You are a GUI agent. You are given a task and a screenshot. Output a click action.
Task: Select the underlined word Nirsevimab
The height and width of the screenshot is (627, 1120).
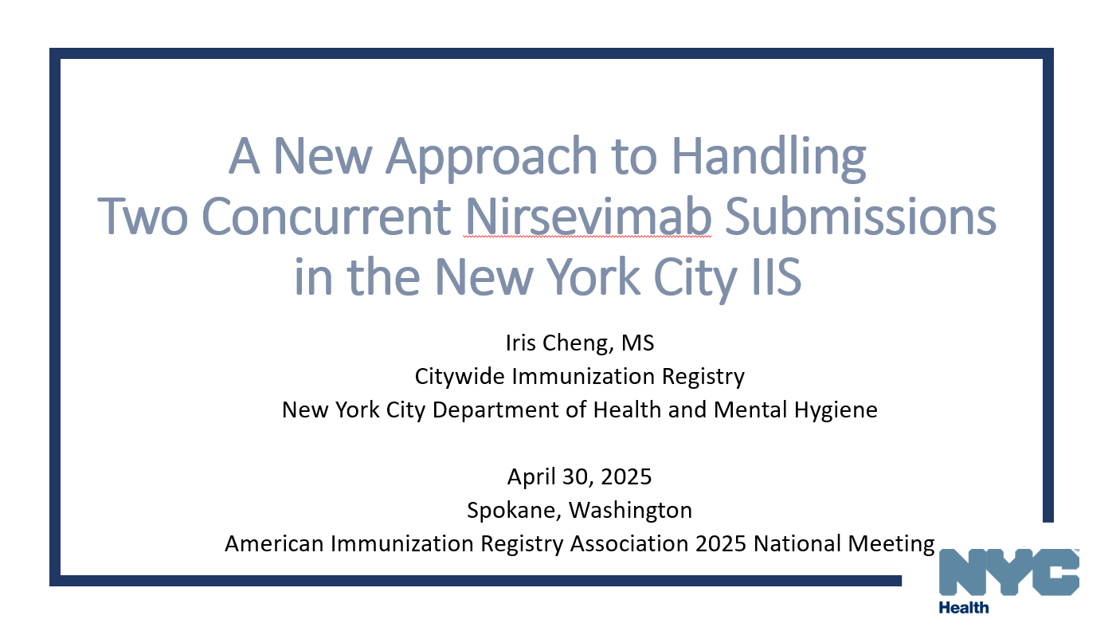(x=588, y=217)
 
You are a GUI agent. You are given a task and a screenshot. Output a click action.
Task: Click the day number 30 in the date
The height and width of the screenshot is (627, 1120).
(x=579, y=476)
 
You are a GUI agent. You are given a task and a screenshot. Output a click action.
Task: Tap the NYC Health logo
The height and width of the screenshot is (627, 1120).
(x=1008, y=580)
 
